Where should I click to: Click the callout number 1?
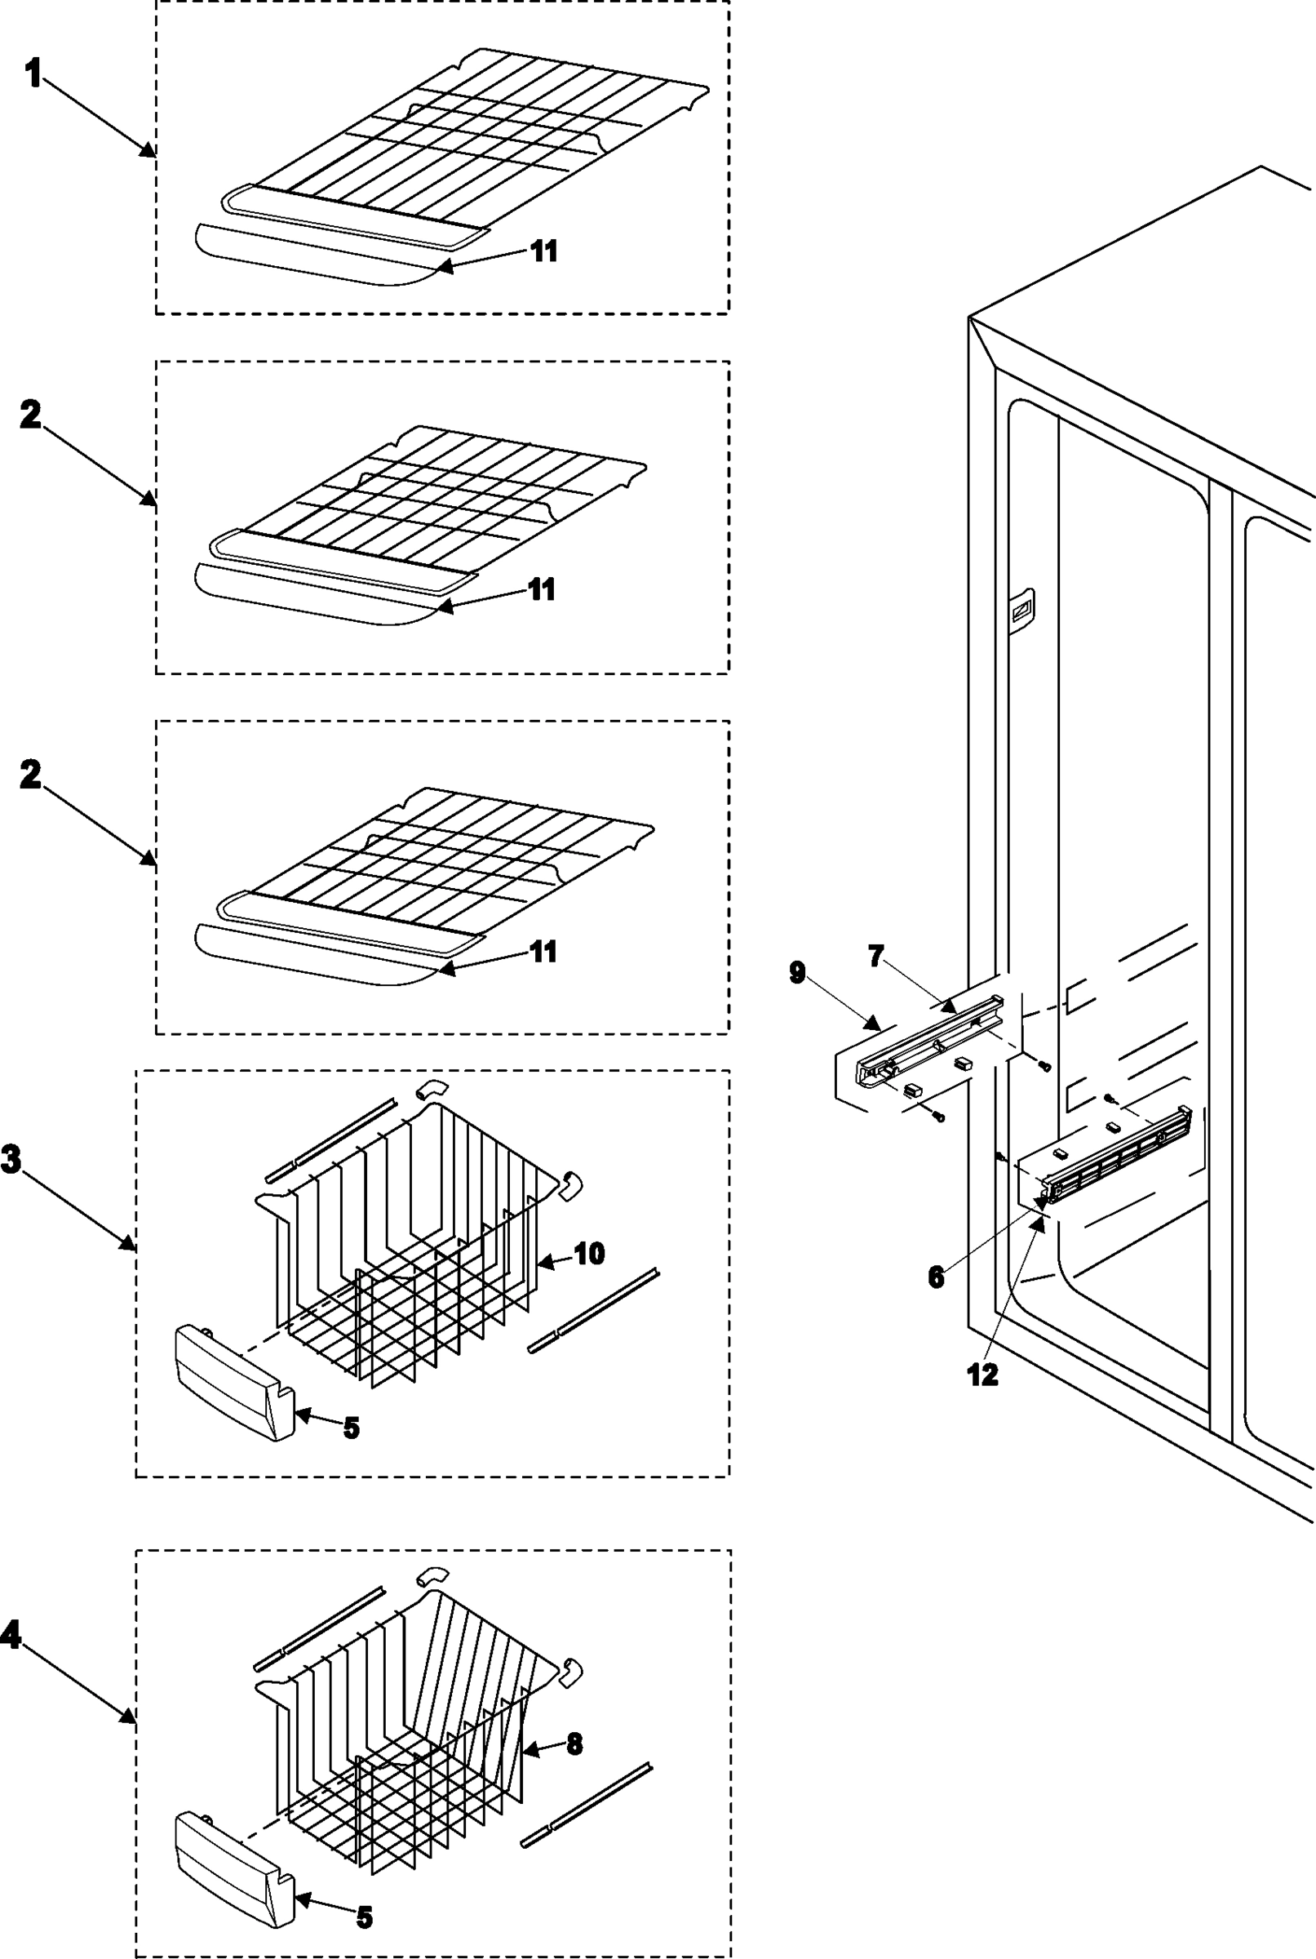33,75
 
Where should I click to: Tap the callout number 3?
11,1160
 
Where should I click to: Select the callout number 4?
11,1634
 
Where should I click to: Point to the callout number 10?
589,1254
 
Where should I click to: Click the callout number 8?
574,1744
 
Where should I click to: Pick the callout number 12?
983,1375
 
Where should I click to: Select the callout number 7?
876,956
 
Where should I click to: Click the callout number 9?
797,972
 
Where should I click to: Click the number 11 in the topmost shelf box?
544,251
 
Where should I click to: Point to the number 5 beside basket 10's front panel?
352,1428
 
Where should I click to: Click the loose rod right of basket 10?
592,1309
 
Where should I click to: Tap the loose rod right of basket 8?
586,1804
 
